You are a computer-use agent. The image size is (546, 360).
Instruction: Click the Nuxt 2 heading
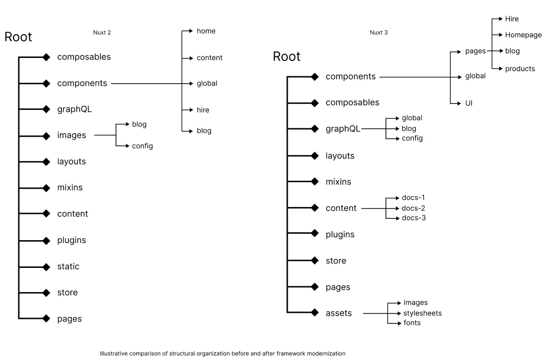click(x=102, y=33)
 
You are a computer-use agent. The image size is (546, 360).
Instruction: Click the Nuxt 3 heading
click(x=379, y=33)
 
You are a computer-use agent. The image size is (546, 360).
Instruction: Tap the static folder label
click(x=68, y=266)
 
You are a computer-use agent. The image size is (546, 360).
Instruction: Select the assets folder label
click(x=338, y=313)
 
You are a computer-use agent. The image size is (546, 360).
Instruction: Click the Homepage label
click(x=523, y=35)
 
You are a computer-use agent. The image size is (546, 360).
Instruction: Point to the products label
click(x=520, y=69)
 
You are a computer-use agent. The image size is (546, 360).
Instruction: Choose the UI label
click(x=468, y=103)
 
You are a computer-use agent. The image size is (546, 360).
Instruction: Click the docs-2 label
click(x=413, y=208)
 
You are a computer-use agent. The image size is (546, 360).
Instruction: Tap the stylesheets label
click(x=422, y=313)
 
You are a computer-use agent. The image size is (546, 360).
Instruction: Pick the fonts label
click(x=412, y=323)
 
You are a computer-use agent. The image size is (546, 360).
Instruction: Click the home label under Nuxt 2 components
click(x=206, y=31)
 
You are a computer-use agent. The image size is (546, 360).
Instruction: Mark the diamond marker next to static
click(x=47, y=267)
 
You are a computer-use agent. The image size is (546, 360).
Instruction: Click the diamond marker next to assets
click(x=315, y=312)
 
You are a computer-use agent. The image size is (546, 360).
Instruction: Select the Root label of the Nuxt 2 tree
click(x=18, y=37)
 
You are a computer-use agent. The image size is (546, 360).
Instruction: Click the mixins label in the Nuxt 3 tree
click(x=338, y=182)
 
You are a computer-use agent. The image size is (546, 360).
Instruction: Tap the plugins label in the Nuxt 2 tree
click(x=71, y=240)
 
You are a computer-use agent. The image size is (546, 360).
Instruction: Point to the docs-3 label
click(x=413, y=218)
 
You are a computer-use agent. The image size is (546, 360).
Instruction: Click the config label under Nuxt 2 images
click(x=142, y=146)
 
